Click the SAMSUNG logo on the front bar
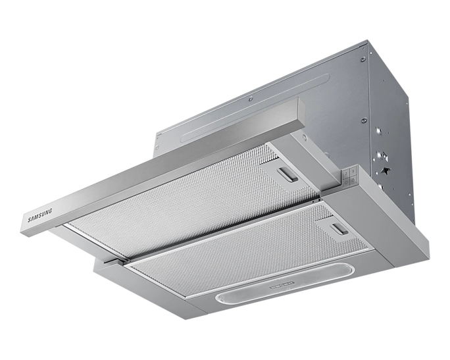point(40,215)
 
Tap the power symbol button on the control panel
point(347,182)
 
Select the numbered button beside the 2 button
point(353,171)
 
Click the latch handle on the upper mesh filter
point(287,174)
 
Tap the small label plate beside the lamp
point(282,285)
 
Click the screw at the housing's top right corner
point(363,59)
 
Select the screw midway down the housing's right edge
point(364,120)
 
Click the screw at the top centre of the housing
point(251,99)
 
